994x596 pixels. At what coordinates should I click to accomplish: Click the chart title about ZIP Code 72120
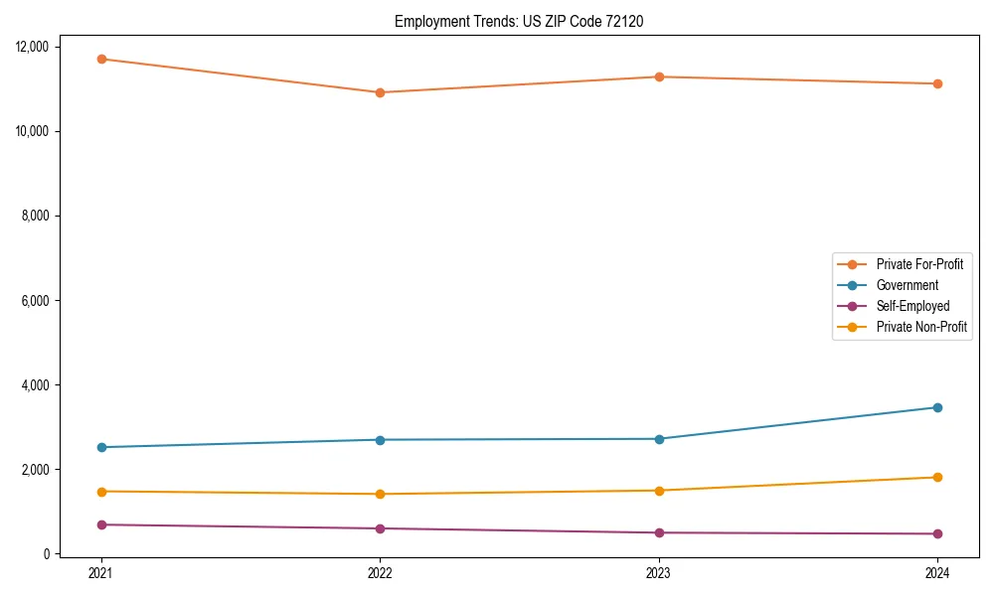[x=519, y=21]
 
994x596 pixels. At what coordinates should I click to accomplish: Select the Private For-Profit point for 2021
[x=101, y=59]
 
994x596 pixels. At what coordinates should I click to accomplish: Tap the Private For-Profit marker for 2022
[x=380, y=92]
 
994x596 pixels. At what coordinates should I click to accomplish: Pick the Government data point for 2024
[x=937, y=407]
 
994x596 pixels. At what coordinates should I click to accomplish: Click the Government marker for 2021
[x=101, y=447]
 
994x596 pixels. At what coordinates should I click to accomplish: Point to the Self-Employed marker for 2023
[x=659, y=532]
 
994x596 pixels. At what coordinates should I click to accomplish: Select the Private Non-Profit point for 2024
[x=937, y=478]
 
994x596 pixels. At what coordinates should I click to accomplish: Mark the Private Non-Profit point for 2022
[x=380, y=494]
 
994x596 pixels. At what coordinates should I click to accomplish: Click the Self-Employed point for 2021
[x=101, y=524]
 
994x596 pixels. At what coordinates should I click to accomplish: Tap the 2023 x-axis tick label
[x=659, y=572]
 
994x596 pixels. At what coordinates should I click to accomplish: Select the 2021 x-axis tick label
[x=101, y=572]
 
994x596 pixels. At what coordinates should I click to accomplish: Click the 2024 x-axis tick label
[x=937, y=572]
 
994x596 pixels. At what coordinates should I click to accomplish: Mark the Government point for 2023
[x=659, y=439]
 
